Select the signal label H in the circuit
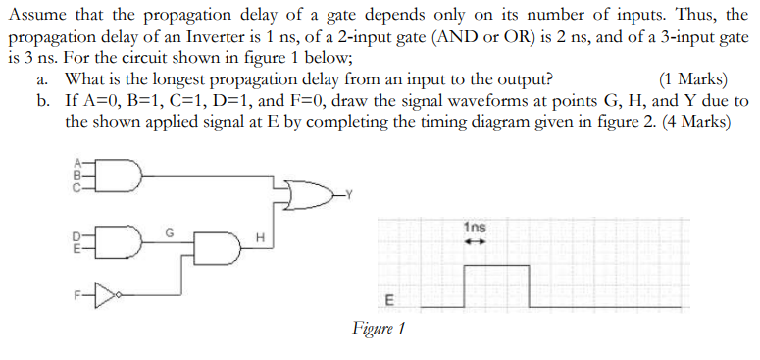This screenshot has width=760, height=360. (x=260, y=238)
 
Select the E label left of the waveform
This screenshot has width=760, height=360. (x=386, y=299)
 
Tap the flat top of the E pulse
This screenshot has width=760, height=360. (x=496, y=266)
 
